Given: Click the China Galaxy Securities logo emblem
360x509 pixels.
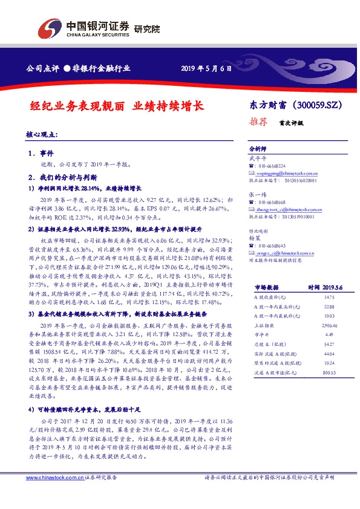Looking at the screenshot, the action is pyautogui.click(x=50, y=27).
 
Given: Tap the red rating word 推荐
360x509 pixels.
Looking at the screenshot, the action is pyautogui.click(x=258, y=121).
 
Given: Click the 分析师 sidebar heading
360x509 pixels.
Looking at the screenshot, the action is pyautogui.click(x=258, y=148).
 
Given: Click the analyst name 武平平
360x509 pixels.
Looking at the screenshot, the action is pyautogui.click(x=257, y=158).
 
